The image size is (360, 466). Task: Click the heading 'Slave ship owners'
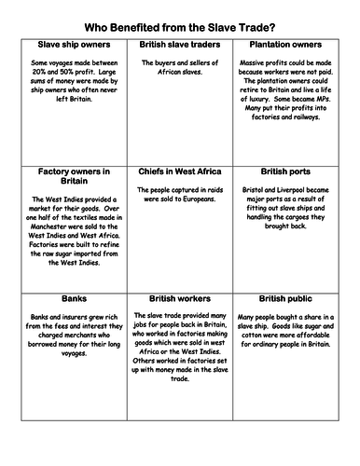[x=68, y=45]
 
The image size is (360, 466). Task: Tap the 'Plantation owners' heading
[x=294, y=45]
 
